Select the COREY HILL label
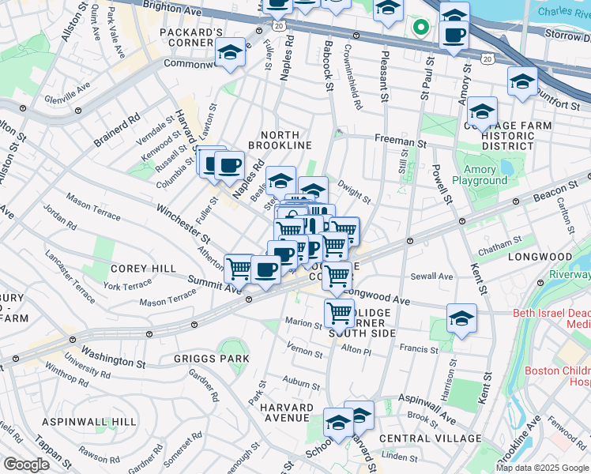(143, 269)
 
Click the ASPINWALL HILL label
(89, 422)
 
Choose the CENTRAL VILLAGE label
(430, 438)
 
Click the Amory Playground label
(480, 175)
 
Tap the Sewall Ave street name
(432, 276)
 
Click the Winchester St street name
(183, 224)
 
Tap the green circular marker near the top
(421, 28)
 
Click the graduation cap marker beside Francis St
(461, 318)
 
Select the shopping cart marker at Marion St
(339, 313)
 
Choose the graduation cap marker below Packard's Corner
(230, 53)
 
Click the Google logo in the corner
(25, 465)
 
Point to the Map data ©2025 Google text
(542, 468)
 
